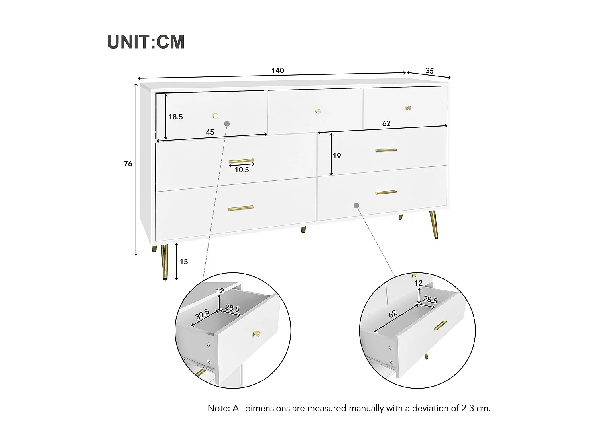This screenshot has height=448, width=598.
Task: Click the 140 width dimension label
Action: click(278, 71)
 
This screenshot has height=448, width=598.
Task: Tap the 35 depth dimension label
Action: click(429, 71)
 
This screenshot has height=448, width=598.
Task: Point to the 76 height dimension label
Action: click(128, 164)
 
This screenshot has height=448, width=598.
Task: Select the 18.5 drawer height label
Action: click(175, 117)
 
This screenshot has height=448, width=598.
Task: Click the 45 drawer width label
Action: click(210, 132)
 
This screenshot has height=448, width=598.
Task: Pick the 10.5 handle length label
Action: click(242, 170)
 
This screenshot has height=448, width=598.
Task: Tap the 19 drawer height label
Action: click(337, 156)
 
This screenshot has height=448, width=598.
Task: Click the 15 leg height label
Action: click(183, 262)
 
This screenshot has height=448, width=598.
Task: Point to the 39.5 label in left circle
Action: click(203, 315)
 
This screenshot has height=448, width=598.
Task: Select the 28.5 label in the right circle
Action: click(430, 300)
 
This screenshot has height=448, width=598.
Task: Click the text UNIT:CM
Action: click(146, 42)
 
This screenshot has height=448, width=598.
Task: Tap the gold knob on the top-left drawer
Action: click(215, 116)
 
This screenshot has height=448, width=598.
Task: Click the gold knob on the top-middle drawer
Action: click(318, 111)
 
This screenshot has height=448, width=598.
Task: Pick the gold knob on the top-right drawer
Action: click(408, 108)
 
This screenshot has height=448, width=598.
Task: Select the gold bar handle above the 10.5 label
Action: click(241, 161)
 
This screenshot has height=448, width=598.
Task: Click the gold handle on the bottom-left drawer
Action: click(241, 208)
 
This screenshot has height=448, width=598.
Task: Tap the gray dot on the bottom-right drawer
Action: click(356, 205)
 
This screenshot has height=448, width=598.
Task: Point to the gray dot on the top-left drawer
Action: click(227, 123)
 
